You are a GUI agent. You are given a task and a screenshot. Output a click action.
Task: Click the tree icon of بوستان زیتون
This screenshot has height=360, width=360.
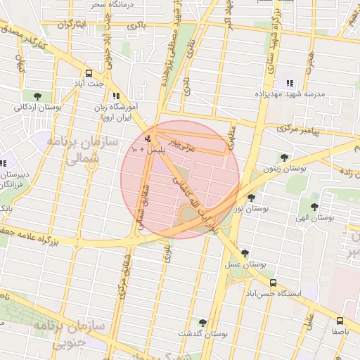click(x=284, y=157)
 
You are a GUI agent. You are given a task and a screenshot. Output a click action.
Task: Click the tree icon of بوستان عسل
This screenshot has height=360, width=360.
click(x=244, y=253)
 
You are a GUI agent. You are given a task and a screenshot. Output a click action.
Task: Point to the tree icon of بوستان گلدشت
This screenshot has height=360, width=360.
click(x=202, y=322)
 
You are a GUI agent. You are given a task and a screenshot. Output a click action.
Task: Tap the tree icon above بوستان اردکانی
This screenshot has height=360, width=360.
click(x=37, y=96)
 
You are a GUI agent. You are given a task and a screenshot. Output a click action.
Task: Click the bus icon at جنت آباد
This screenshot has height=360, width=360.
click(x=89, y=73)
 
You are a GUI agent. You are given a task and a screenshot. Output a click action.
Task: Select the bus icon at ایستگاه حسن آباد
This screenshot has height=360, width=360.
click(x=273, y=282)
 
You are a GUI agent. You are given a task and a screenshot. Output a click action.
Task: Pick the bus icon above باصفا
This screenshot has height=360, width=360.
click(x=340, y=320)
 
